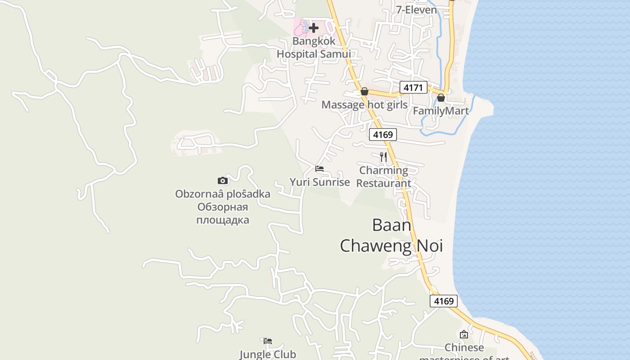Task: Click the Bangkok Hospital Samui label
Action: click(314, 47)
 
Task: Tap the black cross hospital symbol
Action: click(314, 28)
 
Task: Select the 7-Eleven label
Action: click(416, 9)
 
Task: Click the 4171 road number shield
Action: click(413, 87)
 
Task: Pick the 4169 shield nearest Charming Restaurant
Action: click(383, 134)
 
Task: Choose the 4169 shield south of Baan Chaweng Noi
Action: click(444, 301)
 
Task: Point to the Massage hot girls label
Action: click(364, 105)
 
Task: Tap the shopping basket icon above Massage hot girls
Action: click(364, 92)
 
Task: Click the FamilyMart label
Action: click(441, 111)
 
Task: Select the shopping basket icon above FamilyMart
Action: click(441, 97)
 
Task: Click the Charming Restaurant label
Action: click(384, 177)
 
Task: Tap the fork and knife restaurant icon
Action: click(383, 157)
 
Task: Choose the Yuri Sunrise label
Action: click(319, 182)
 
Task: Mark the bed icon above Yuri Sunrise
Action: click(319, 169)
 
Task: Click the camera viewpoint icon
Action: click(223, 181)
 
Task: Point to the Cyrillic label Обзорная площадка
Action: click(223, 214)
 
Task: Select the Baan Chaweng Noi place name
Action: click(391, 235)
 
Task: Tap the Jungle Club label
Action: click(268, 354)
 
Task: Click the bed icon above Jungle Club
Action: click(268, 341)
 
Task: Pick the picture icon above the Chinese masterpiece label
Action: click(464, 334)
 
